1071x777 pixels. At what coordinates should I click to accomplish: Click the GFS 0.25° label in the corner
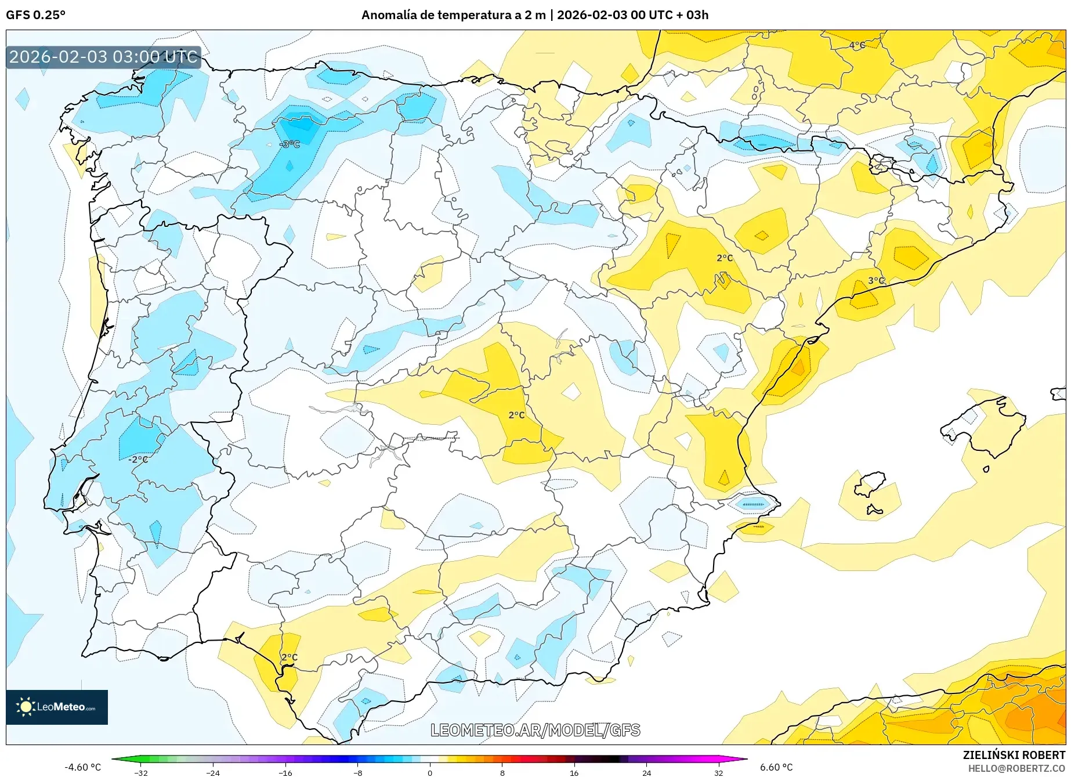pyautogui.click(x=35, y=15)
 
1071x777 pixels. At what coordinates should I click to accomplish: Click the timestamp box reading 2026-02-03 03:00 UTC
pyautogui.click(x=103, y=57)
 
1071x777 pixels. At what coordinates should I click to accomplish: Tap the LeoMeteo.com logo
pyautogui.click(x=57, y=707)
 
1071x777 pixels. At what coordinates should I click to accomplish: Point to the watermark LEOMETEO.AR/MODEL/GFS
pyautogui.click(x=535, y=730)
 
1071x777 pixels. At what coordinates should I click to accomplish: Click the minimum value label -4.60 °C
pyautogui.click(x=82, y=767)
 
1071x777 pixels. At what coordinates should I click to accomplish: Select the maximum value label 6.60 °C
pyautogui.click(x=776, y=767)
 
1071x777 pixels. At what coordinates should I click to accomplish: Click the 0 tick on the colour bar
pyautogui.click(x=430, y=772)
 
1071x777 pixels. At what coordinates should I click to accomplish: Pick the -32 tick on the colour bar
pyautogui.click(x=141, y=772)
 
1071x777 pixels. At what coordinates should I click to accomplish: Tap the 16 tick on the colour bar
pyautogui.click(x=574, y=772)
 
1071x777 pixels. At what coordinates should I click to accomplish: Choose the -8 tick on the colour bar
pyautogui.click(x=358, y=772)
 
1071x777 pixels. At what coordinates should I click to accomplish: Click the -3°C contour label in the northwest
pyautogui.click(x=290, y=144)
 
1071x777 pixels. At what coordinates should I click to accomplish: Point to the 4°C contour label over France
pyautogui.click(x=857, y=45)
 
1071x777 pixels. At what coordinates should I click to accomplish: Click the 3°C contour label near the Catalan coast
pyautogui.click(x=876, y=280)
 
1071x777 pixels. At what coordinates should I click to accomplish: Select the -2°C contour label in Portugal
pyautogui.click(x=139, y=459)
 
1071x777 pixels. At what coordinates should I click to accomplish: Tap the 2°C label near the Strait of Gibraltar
pyautogui.click(x=290, y=657)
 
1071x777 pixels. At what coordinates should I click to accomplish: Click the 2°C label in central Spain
pyautogui.click(x=516, y=415)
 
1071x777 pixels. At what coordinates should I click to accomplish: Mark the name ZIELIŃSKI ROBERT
pyautogui.click(x=1014, y=755)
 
